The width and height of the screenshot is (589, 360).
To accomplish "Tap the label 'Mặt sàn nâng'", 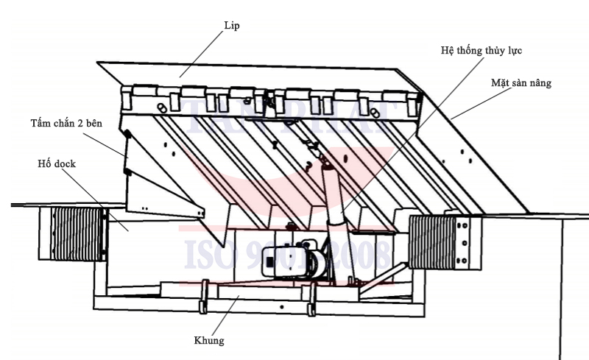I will pyautogui.click(x=521, y=83).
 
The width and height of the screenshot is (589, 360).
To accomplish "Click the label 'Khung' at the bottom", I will pyautogui.click(x=210, y=340).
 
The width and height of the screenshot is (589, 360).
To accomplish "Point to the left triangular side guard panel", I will pyautogui.click(x=158, y=180).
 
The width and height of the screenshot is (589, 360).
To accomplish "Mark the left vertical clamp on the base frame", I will pyautogui.click(x=203, y=297).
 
